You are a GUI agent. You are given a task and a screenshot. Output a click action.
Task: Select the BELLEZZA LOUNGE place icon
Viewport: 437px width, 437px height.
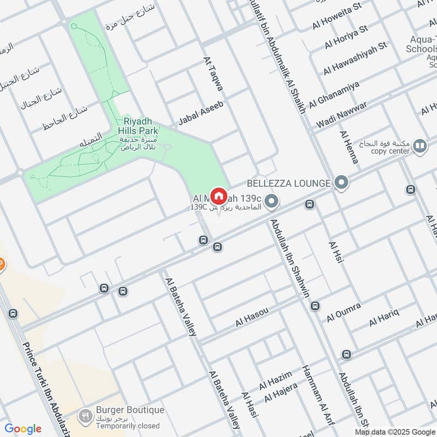click(342, 182)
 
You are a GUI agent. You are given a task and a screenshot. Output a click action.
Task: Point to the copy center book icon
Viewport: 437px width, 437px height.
click(420, 146)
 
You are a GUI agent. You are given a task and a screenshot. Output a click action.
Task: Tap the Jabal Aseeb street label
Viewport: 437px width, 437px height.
click(201, 113)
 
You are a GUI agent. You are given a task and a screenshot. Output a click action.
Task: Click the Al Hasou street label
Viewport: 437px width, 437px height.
click(252, 317)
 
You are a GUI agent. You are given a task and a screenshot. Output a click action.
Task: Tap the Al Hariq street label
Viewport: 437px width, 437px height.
click(385, 317)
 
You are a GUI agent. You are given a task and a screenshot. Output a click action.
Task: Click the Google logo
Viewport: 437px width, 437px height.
click(23, 429)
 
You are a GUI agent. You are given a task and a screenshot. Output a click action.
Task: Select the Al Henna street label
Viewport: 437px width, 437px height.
click(349, 147)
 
